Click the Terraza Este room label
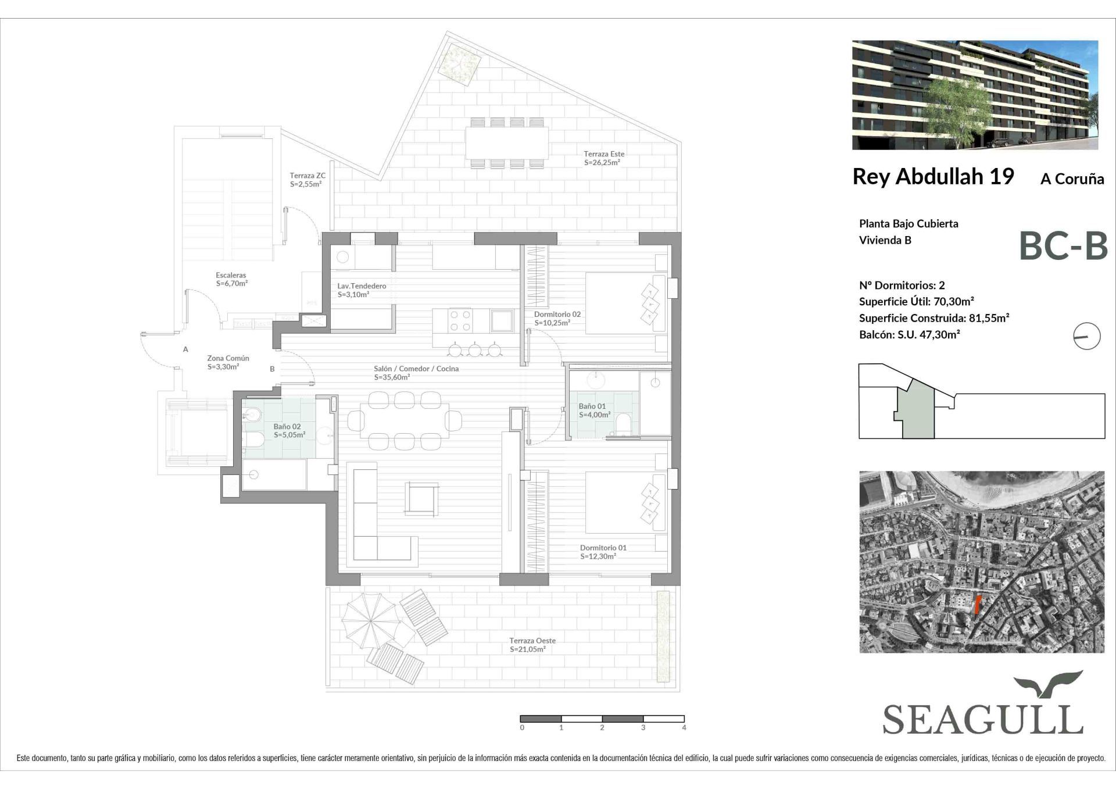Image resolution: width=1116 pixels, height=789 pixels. (x=604, y=154)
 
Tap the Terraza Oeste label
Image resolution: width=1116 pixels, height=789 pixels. (x=532, y=640)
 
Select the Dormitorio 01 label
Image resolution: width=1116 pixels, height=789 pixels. (x=603, y=548)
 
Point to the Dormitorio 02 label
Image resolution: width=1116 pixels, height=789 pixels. (x=557, y=314)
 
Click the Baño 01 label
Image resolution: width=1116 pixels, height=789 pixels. (x=592, y=406)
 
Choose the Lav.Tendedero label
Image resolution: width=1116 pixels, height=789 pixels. (x=362, y=286)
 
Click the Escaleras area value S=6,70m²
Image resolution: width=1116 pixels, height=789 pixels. (x=232, y=284)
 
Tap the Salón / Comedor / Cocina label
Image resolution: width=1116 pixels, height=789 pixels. (x=416, y=369)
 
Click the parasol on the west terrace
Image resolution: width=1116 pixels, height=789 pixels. (x=369, y=621)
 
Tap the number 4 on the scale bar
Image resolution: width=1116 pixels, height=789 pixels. (x=684, y=728)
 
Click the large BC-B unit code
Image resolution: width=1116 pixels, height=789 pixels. (x=1063, y=246)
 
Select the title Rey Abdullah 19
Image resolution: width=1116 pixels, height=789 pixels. (x=933, y=176)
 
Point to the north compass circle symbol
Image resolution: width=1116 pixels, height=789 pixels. (x=1086, y=336)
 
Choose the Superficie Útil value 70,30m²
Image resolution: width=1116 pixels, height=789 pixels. (x=953, y=302)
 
